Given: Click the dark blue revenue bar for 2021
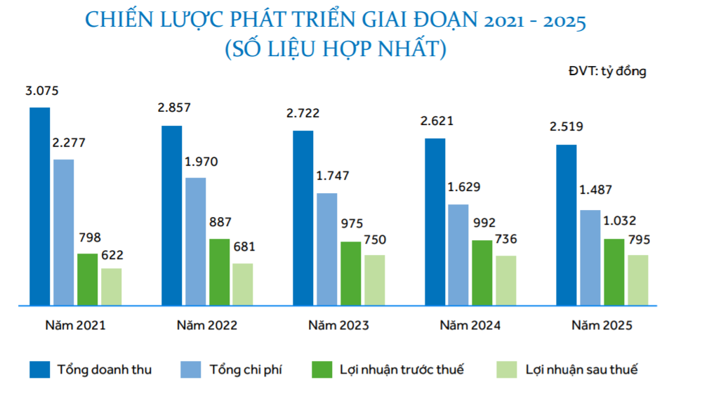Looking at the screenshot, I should (39, 206).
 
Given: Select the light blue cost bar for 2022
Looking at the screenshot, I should (195, 242).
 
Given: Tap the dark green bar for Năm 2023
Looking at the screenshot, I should (351, 274).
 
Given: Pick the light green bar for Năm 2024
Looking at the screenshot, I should (506, 281).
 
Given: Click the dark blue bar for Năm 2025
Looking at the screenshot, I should (567, 225).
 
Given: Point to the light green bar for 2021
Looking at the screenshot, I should (111, 287).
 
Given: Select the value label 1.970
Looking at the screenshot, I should (201, 162).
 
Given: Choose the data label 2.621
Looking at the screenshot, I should (437, 121).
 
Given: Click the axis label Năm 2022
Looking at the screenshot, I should (207, 326).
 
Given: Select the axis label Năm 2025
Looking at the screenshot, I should (602, 326).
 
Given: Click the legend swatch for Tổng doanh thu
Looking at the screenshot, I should (39, 369).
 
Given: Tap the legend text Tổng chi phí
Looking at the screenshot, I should (246, 369).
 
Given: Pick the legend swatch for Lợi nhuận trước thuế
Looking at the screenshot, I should (322, 369).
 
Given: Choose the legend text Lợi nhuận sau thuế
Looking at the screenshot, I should (582, 369).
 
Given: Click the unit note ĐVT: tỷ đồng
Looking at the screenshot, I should (608, 71).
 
